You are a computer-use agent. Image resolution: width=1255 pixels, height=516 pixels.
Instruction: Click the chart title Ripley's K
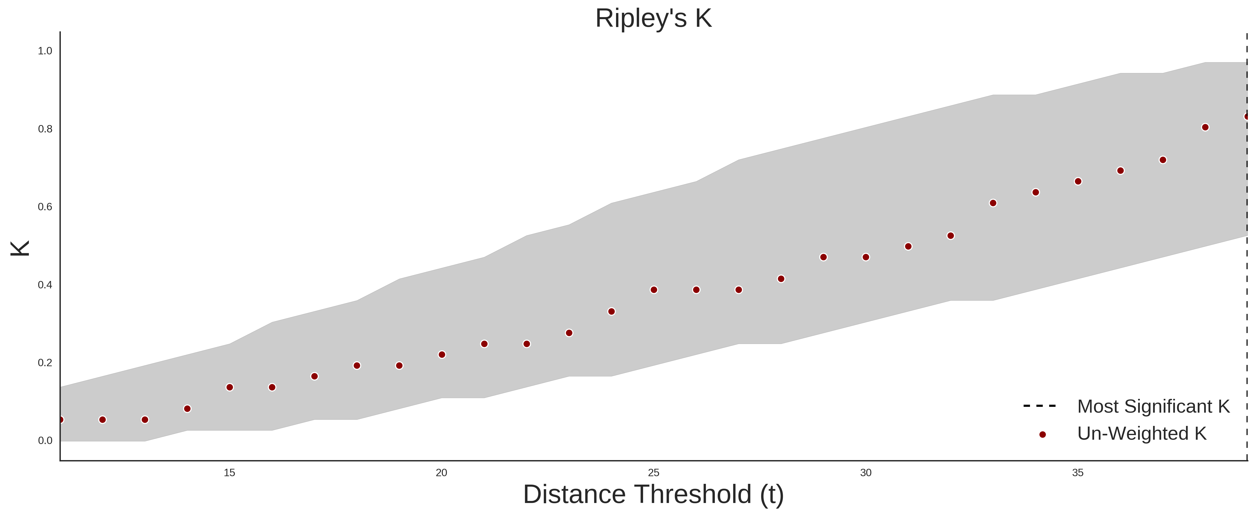click(x=653, y=18)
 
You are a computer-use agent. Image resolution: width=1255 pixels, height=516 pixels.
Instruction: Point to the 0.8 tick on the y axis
click(x=45, y=129)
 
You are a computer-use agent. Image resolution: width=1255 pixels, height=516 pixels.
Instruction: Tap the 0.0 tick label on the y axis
click(x=45, y=440)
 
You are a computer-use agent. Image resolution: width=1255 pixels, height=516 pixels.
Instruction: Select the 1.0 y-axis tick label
click(x=45, y=51)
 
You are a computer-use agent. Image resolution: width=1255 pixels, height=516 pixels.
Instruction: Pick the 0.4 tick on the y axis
click(x=45, y=285)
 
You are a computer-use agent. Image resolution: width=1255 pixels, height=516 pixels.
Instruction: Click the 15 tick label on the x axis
click(x=229, y=473)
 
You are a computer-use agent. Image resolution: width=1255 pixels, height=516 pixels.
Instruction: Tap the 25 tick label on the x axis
click(x=654, y=473)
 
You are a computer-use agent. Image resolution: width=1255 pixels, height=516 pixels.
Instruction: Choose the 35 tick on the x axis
click(x=1078, y=473)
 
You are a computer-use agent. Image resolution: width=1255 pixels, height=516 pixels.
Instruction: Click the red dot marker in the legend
click(x=1042, y=434)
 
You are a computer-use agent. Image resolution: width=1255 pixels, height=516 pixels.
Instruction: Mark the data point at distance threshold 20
click(x=442, y=354)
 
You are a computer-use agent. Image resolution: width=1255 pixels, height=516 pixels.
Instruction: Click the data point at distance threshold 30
click(x=866, y=257)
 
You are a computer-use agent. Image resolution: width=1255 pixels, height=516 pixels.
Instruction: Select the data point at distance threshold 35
click(x=1078, y=181)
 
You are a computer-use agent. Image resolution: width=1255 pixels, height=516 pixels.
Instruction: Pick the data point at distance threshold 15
click(x=229, y=387)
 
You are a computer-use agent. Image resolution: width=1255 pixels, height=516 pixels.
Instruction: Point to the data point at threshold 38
click(x=1205, y=127)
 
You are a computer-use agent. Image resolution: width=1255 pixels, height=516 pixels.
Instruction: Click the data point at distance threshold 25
click(x=654, y=290)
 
